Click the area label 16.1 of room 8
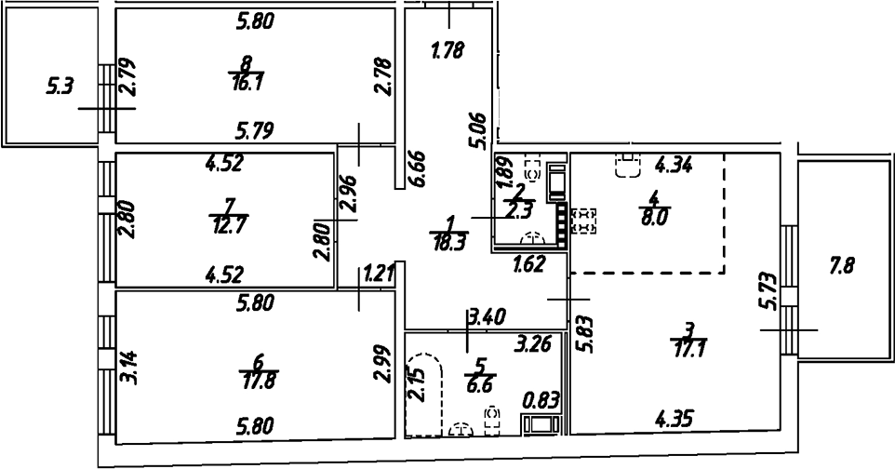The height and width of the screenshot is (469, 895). (246, 84)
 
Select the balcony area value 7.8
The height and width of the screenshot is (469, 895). (844, 268)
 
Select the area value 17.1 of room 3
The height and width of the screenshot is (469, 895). (688, 347)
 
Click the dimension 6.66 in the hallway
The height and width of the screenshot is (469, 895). (416, 168)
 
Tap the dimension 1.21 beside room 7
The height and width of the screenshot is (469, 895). (380, 274)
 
